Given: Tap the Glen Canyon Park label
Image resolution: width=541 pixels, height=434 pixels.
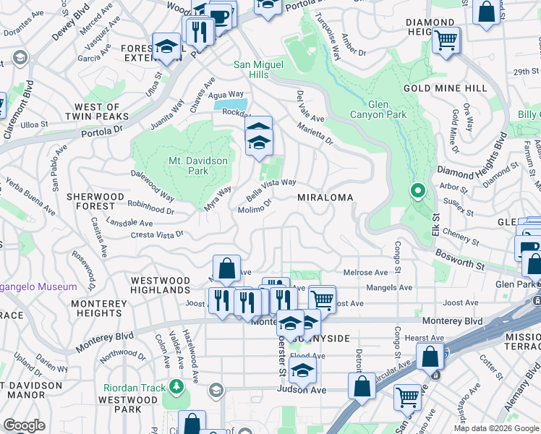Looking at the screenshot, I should pyautogui.click(x=378, y=109).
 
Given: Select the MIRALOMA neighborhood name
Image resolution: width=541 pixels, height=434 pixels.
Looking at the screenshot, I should pyautogui.click(x=325, y=197).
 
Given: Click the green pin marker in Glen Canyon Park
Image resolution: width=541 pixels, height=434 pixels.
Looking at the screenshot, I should pyautogui.click(x=417, y=192).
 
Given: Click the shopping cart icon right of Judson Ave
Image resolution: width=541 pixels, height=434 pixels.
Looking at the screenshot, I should pyautogui.click(x=408, y=396).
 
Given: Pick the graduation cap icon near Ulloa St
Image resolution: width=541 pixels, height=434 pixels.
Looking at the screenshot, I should pyautogui.click(x=167, y=47).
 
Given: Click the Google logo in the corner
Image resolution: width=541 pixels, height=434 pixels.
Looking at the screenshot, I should pyautogui.click(x=24, y=425).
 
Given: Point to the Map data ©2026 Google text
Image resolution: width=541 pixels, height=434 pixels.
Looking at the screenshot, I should pyautogui.click(x=496, y=428).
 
